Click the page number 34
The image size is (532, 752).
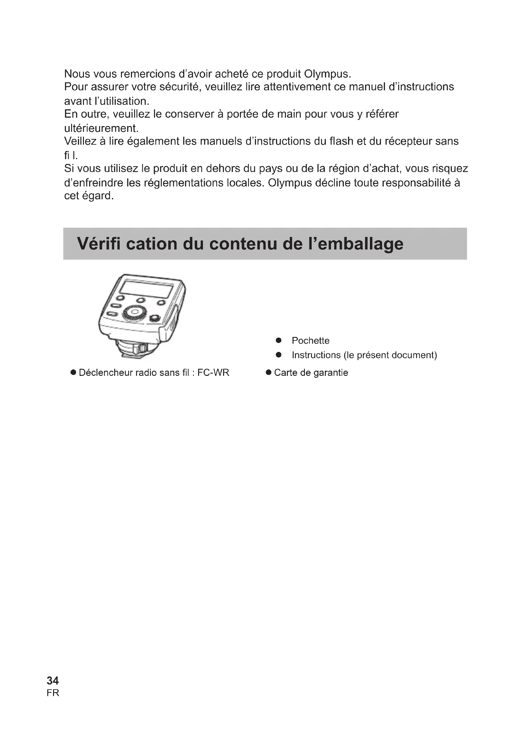click(x=53, y=681)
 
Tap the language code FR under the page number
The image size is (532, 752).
click(x=53, y=693)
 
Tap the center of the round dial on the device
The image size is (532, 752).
click(x=135, y=312)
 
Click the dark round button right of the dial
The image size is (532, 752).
click(x=155, y=318)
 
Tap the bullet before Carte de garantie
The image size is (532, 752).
click(x=269, y=372)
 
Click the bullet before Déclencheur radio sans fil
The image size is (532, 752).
click(x=73, y=372)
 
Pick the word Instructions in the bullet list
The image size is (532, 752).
click(x=316, y=355)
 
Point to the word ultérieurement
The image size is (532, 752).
click(x=101, y=128)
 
